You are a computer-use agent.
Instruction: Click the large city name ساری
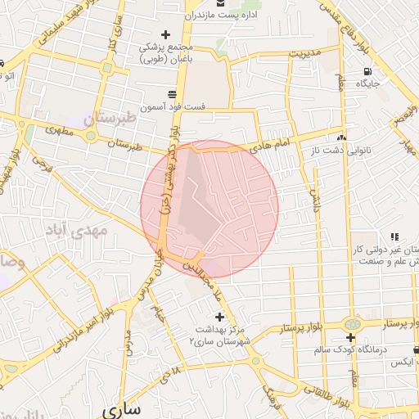tap(122, 407)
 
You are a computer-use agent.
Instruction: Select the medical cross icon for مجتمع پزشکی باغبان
tap(166, 34)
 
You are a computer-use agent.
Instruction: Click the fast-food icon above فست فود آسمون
tap(170, 93)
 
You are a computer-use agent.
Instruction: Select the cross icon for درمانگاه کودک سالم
tap(350, 337)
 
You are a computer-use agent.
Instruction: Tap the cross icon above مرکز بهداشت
tap(219, 316)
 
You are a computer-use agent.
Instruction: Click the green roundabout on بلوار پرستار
tap(351, 324)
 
